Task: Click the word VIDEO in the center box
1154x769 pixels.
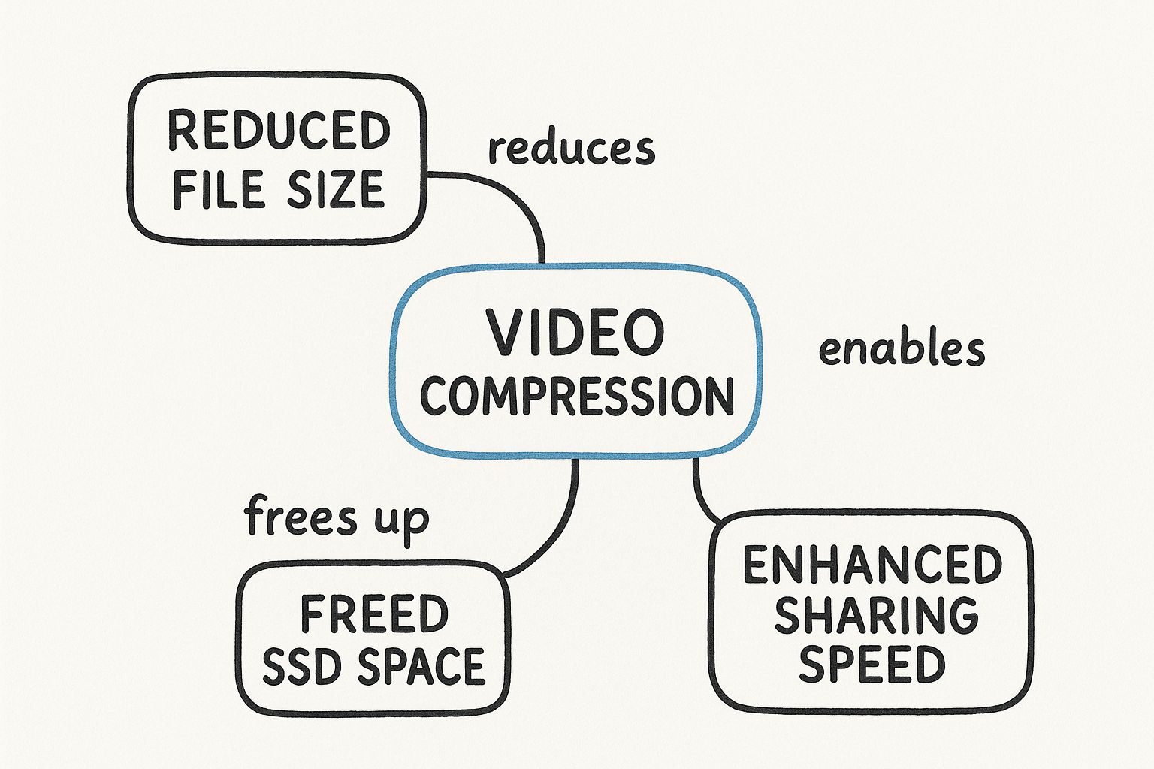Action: pos(575,333)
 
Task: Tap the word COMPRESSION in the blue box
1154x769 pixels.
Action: pos(576,396)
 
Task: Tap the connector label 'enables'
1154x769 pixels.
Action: pos(902,350)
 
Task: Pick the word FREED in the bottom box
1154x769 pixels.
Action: pos(374,614)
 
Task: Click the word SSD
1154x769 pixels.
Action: pos(301,667)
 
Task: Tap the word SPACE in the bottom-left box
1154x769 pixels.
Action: pos(420,667)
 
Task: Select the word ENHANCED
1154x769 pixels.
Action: pos(872,565)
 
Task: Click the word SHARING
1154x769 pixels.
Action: pos(876,615)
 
